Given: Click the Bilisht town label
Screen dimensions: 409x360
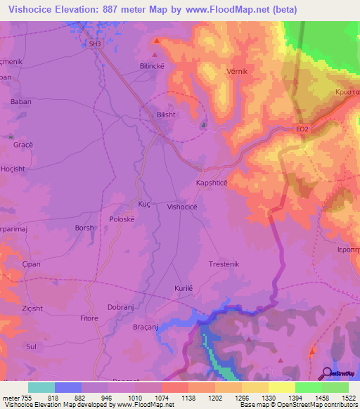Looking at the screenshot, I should (x=167, y=112).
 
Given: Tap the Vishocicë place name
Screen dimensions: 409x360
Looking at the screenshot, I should (x=186, y=207).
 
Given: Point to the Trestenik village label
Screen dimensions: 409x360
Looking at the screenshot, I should (x=224, y=264).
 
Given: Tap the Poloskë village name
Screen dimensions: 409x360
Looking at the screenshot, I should (x=123, y=218).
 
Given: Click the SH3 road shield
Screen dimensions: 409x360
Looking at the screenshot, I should (x=95, y=44).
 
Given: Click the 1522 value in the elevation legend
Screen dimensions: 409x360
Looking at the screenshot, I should (x=336, y=398).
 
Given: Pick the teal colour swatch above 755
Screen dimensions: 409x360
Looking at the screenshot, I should (x=41, y=387).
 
